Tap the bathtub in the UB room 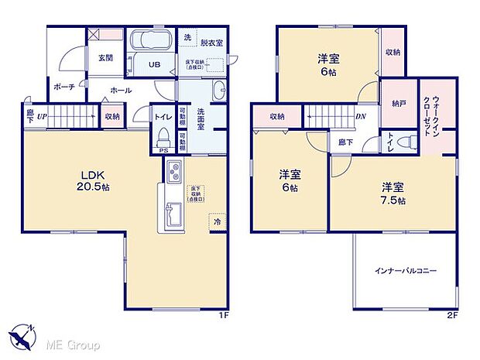coord(151,41)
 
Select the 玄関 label coord(107,57)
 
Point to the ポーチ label coord(63,87)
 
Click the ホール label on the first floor coord(120,91)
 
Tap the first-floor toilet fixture coord(163,138)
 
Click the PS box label coord(163,152)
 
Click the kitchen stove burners coord(172,170)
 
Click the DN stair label coord(360,117)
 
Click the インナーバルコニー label coord(406,271)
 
